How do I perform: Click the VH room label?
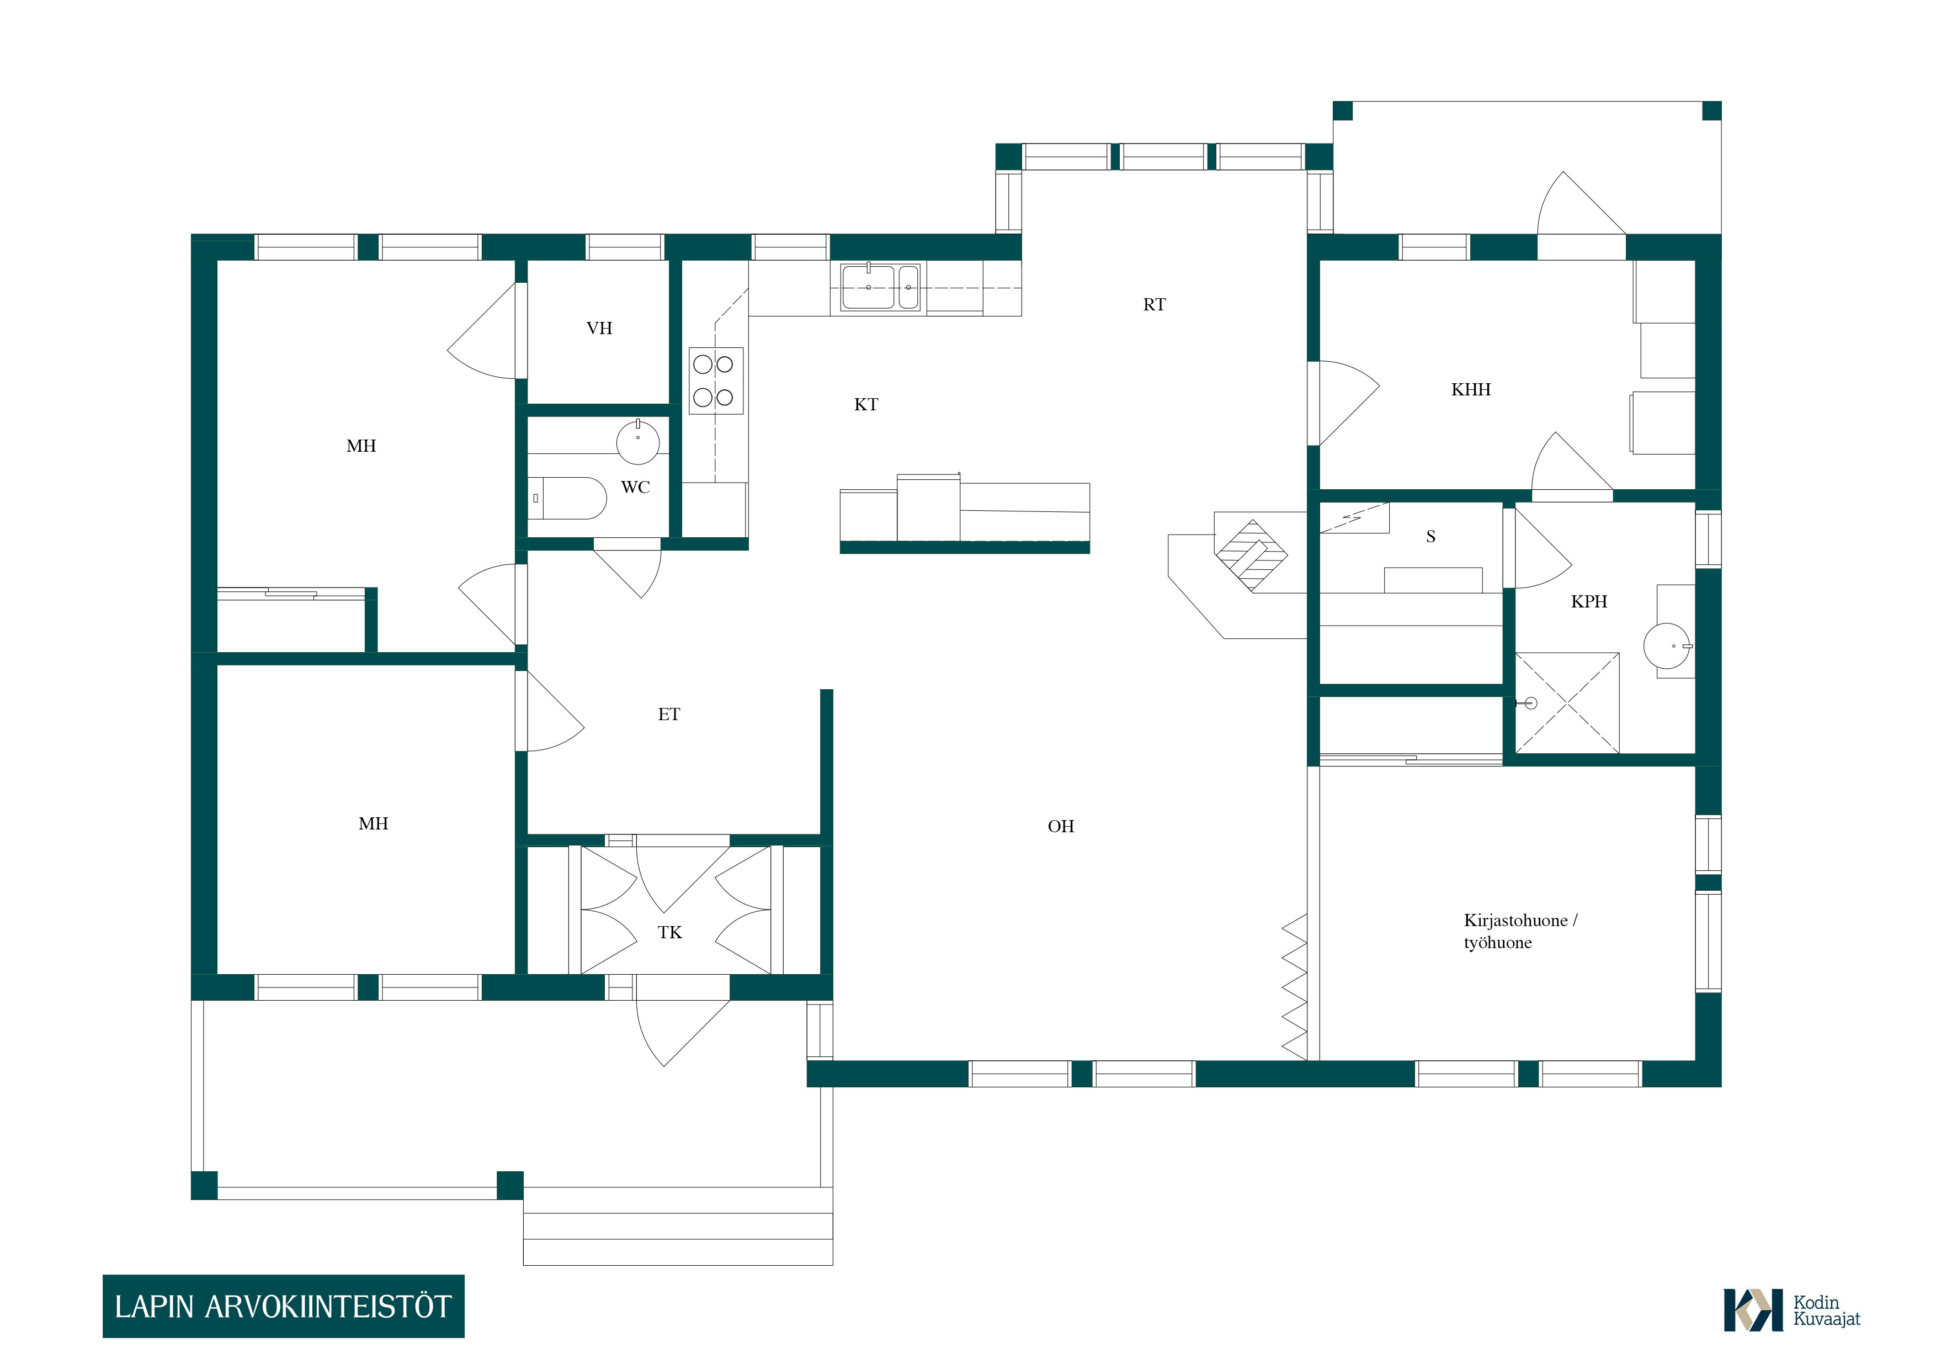click(x=599, y=328)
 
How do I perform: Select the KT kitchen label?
click(x=866, y=405)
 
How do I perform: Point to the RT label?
click(x=1155, y=304)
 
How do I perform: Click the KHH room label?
click(x=1471, y=390)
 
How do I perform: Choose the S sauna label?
click(x=1431, y=536)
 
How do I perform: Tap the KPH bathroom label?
click(x=1589, y=601)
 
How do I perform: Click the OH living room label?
click(x=1061, y=827)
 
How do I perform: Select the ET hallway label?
click(x=669, y=715)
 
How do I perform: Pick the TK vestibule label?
click(x=669, y=932)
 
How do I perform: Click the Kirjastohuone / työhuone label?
click(x=1520, y=931)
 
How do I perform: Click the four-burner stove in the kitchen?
click(x=716, y=380)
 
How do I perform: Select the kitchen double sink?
click(x=881, y=287)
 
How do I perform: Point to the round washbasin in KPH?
click(x=1667, y=646)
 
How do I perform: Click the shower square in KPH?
click(x=1567, y=702)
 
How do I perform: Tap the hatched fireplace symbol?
click(x=1251, y=554)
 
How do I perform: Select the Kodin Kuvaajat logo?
click(x=1791, y=1310)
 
